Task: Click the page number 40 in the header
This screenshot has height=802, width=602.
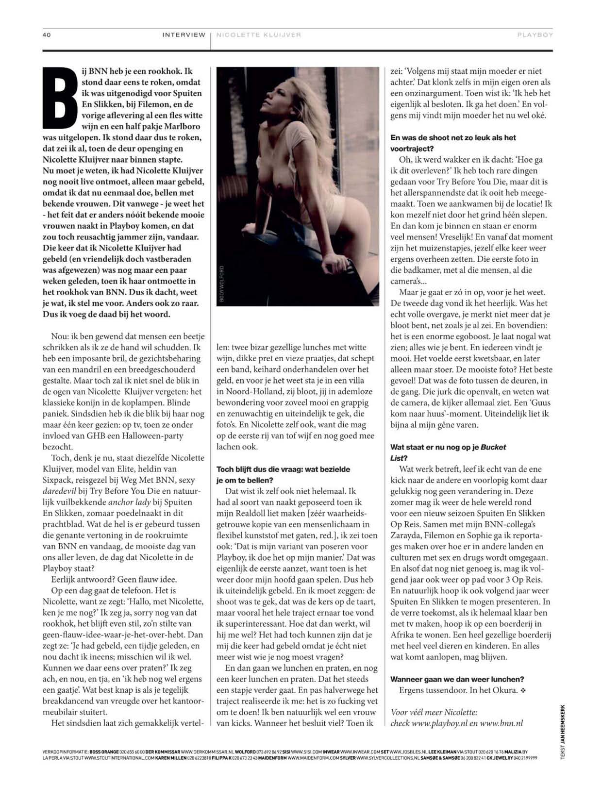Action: pyautogui.click(x=47, y=35)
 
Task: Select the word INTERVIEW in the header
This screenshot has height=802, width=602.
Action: pyautogui.click(x=184, y=35)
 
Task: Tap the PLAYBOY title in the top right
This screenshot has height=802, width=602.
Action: pyautogui.click(x=535, y=35)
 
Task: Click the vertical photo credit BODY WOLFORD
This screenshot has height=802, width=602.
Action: pyautogui.click(x=221, y=284)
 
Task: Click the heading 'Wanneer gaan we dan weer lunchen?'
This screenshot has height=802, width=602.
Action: pyautogui.click(x=457, y=679)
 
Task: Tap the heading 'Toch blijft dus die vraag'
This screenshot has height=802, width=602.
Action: pyautogui.click(x=283, y=469)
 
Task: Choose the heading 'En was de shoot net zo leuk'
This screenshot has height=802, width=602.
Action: pyautogui.click(x=453, y=138)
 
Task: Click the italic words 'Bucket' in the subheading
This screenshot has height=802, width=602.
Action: pyautogui.click(x=493, y=447)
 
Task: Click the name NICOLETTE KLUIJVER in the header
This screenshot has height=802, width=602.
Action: pyautogui.click(x=258, y=35)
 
